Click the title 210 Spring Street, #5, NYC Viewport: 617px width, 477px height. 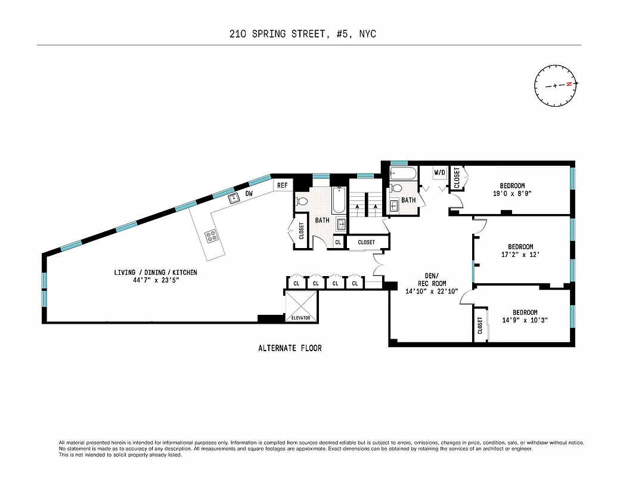pyautogui.click(x=303, y=34)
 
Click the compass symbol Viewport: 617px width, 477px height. pyautogui.click(x=556, y=85)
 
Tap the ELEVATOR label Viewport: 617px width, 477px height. pyautogui.click(x=301, y=318)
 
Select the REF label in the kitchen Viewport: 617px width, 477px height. pyautogui.click(x=282, y=185)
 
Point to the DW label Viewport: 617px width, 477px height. pyautogui.click(x=249, y=194)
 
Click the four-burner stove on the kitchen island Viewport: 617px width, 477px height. pyautogui.click(x=212, y=236)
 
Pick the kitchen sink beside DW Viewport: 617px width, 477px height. pyautogui.click(x=234, y=199)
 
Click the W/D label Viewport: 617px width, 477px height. pyautogui.click(x=440, y=172)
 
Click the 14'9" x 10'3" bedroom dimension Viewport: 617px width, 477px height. pyautogui.click(x=525, y=320)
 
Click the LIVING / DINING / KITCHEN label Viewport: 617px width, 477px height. pyautogui.click(x=156, y=272)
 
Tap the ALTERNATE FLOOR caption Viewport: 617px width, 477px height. pyautogui.click(x=290, y=348)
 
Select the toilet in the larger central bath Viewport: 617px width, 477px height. pyautogui.click(x=301, y=202)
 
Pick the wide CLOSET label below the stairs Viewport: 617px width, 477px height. pyautogui.click(x=367, y=242)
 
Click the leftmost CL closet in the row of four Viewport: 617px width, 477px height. pyautogui.click(x=296, y=283)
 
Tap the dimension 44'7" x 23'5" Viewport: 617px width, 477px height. pyautogui.click(x=156, y=280)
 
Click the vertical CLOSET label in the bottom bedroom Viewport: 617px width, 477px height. pyautogui.click(x=480, y=325)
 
